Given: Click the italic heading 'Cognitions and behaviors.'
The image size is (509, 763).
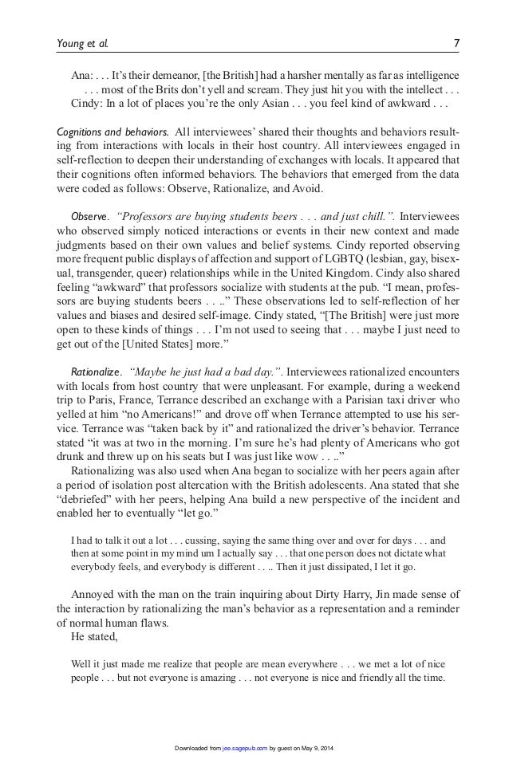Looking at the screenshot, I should click(x=111, y=132).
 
